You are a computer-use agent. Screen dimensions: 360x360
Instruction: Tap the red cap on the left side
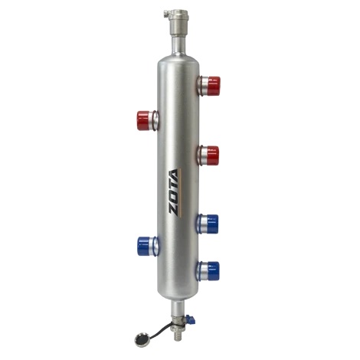143,120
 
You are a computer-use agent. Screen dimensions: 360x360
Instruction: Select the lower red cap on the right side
212,155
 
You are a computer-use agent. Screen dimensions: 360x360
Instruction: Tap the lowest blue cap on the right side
213,271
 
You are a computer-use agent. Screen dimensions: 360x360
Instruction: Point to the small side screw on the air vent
166,14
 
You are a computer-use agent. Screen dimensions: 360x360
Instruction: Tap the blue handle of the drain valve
190,318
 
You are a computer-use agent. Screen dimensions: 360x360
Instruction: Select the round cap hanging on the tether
141,339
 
